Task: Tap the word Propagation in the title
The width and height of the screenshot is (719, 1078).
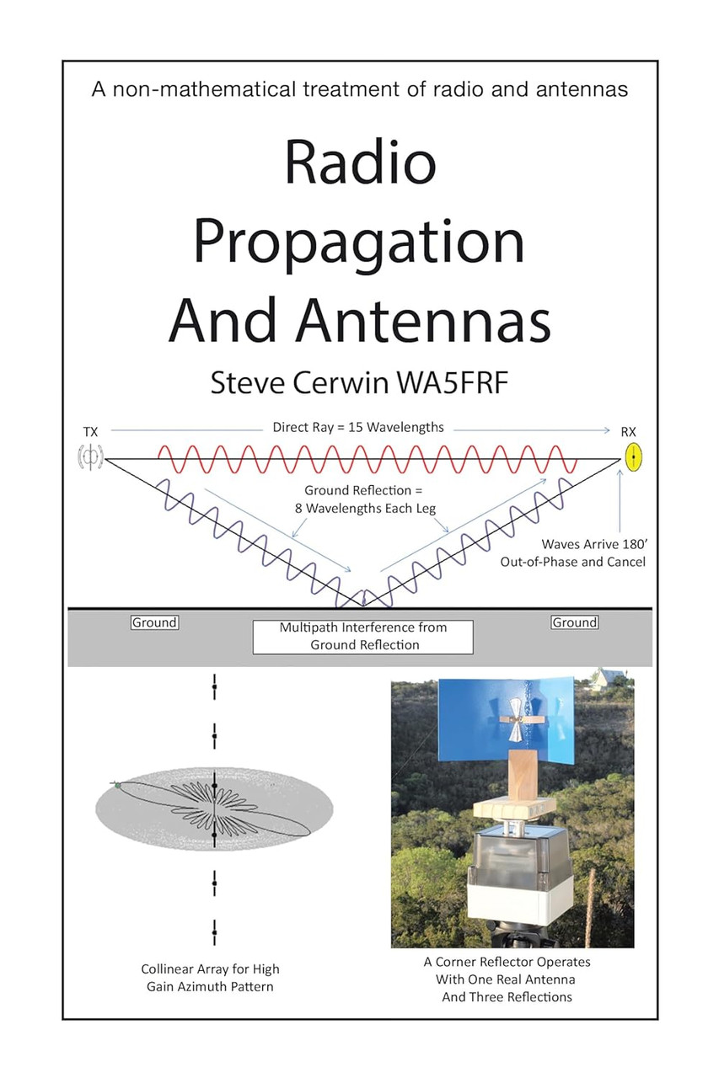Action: tap(359, 244)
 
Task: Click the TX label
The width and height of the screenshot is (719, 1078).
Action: tap(90, 432)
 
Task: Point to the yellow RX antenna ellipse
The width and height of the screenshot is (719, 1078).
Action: tap(633, 456)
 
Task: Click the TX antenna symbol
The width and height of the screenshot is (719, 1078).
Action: tap(90, 457)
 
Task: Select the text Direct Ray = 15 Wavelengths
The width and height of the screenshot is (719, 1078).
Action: tap(358, 427)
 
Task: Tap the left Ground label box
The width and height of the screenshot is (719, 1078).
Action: tap(154, 622)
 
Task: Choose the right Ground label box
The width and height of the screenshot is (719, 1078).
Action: tap(575, 622)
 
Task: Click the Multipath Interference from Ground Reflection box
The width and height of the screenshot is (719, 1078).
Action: tap(363, 637)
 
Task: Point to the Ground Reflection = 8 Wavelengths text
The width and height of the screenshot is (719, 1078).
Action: tap(365, 499)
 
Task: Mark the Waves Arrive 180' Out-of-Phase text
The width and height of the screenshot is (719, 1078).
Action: tap(572, 553)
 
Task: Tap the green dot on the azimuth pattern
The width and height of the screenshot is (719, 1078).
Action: tap(117, 786)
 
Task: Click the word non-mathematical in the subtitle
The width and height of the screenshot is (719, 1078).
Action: tap(204, 89)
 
